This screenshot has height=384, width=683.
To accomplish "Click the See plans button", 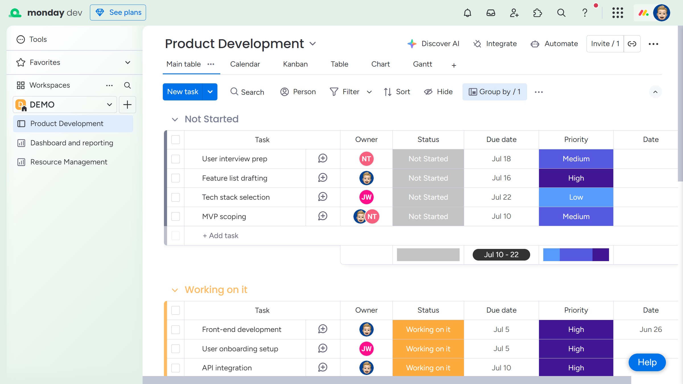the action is click(x=118, y=13).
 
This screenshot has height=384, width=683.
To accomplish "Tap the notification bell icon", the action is click(x=467, y=13).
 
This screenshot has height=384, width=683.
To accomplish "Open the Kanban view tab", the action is click(x=295, y=64).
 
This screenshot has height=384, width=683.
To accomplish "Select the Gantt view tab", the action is click(x=422, y=64).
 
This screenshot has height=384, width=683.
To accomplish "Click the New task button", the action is click(x=183, y=92).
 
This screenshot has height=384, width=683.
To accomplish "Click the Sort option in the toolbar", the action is click(x=397, y=92).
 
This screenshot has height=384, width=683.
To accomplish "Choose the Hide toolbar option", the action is click(x=438, y=92).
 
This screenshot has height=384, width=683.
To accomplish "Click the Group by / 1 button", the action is click(x=495, y=92).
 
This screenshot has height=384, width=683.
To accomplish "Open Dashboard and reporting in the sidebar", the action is click(x=72, y=143).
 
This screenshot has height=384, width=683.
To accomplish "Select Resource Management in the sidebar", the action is click(x=69, y=162).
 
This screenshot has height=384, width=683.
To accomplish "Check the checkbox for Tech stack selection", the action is click(x=176, y=197).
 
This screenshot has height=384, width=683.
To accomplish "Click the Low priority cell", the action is click(x=576, y=197).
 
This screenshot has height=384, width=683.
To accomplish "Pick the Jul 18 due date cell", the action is click(x=501, y=159).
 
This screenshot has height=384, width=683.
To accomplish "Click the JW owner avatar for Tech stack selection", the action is click(x=366, y=197).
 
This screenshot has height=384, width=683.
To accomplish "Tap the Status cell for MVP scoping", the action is click(x=428, y=216).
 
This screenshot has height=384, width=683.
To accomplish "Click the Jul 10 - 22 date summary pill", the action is click(x=501, y=255).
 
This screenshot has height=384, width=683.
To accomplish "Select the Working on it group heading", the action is click(x=216, y=290).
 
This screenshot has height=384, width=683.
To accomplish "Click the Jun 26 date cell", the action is click(x=651, y=329).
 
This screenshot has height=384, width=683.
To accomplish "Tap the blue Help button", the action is click(x=647, y=362).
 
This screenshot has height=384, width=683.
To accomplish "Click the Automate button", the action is click(x=554, y=44).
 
